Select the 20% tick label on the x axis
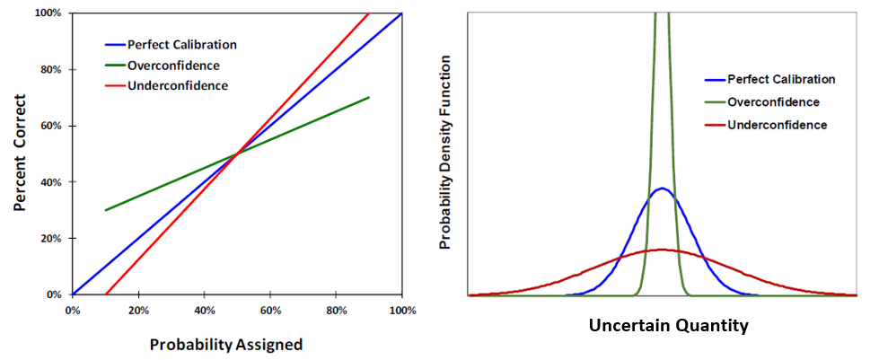click(x=138, y=311)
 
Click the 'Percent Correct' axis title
click(x=20, y=154)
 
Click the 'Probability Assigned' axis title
click(x=225, y=344)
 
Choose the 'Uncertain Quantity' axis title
click(x=668, y=326)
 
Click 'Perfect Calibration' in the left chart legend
click(x=182, y=44)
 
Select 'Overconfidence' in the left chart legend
click(x=173, y=65)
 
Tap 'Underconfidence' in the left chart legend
click(x=178, y=85)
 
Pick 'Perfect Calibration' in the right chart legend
click(x=780, y=79)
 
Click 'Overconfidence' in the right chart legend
click(x=773, y=101)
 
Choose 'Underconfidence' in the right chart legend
click(x=777, y=125)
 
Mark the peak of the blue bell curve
click(x=662, y=189)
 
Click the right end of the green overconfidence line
click(x=369, y=97)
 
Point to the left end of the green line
click(x=106, y=210)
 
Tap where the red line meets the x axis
click(x=106, y=294)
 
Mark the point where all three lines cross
click(x=238, y=154)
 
